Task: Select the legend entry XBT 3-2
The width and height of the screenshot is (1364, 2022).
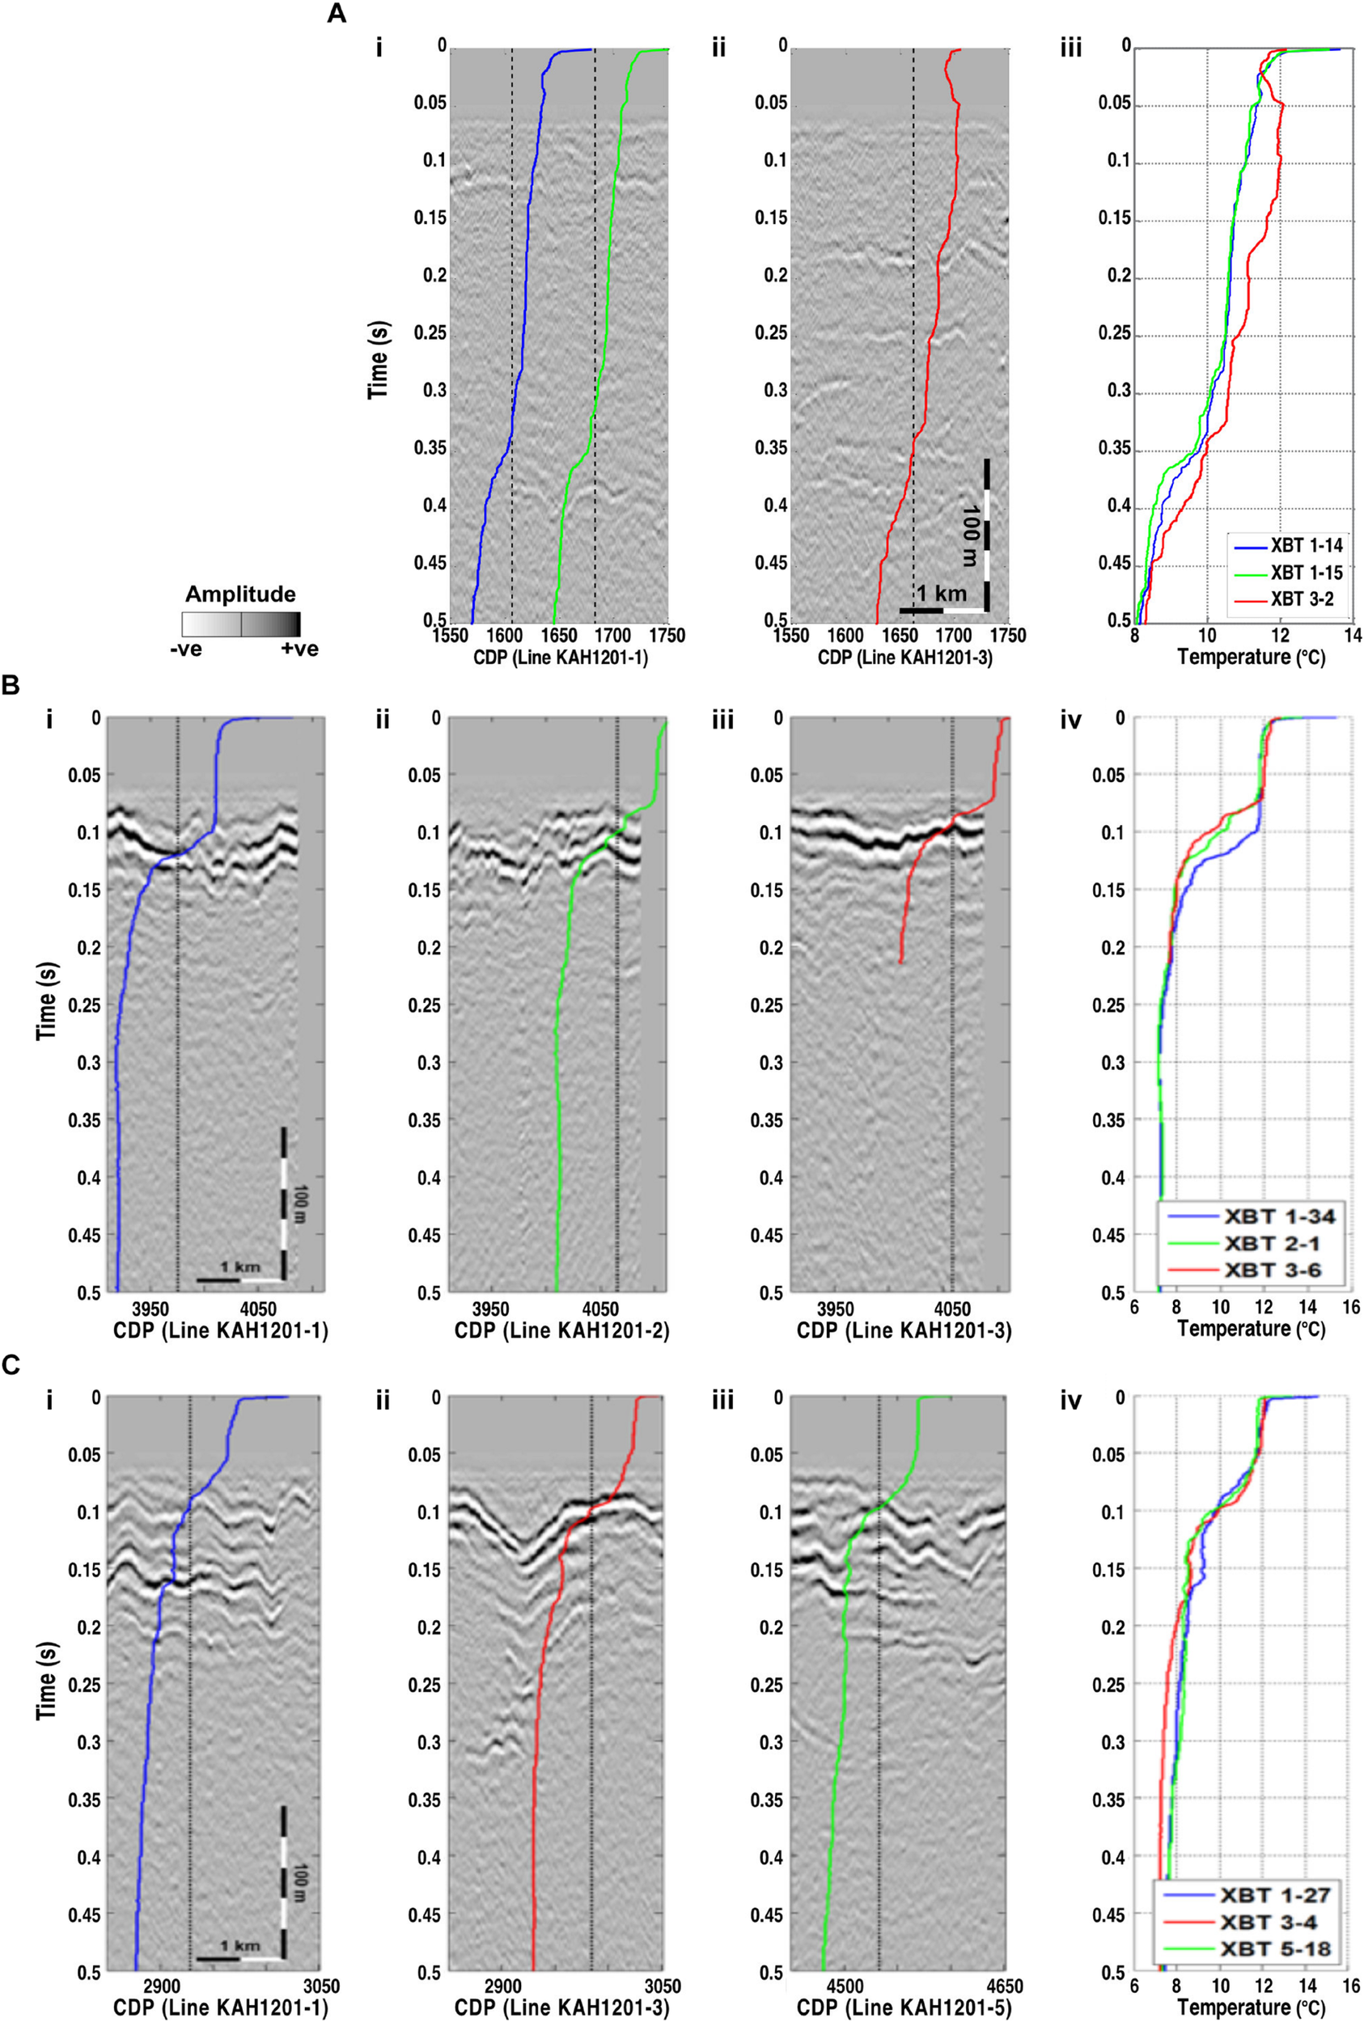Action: coord(1302,599)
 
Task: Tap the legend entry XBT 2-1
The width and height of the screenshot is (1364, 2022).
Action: coord(1272,1243)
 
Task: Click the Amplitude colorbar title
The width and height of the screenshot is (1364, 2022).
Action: coord(240,594)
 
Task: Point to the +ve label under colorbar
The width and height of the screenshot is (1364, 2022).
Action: coord(299,649)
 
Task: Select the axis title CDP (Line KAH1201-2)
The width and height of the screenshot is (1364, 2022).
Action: coord(561,1329)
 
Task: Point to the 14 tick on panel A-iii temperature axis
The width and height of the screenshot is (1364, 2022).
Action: coord(1351,636)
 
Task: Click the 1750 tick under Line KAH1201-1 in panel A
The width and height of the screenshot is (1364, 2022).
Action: coord(668,636)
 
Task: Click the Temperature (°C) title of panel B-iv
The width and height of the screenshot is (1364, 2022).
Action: coord(1251,1329)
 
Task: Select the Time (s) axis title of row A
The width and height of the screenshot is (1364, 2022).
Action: coord(379,359)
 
